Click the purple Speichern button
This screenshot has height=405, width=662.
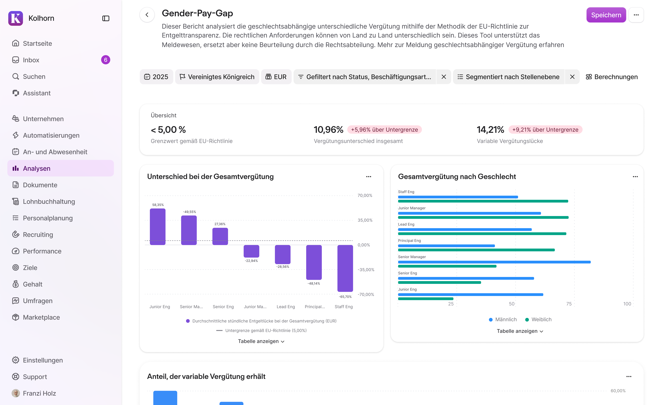click(606, 15)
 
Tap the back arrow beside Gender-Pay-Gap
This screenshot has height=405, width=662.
click(147, 15)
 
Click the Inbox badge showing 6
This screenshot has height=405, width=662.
click(106, 60)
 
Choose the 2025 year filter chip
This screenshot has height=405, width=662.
click(156, 77)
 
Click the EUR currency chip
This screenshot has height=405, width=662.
click(276, 77)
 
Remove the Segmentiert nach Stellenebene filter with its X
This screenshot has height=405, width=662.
click(572, 77)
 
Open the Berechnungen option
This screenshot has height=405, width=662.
click(612, 77)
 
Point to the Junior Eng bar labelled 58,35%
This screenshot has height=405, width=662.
click(158, 227)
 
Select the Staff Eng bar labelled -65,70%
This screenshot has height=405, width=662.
click(345, 268)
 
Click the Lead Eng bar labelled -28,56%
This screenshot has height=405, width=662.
click(283, 254)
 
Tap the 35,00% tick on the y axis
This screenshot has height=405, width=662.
click(365, 220)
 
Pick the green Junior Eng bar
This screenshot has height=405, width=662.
click(426, 299)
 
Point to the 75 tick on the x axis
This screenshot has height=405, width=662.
click(569, 304)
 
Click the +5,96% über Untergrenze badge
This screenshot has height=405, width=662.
click(384, 130)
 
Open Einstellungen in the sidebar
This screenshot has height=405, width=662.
click(43, 360)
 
